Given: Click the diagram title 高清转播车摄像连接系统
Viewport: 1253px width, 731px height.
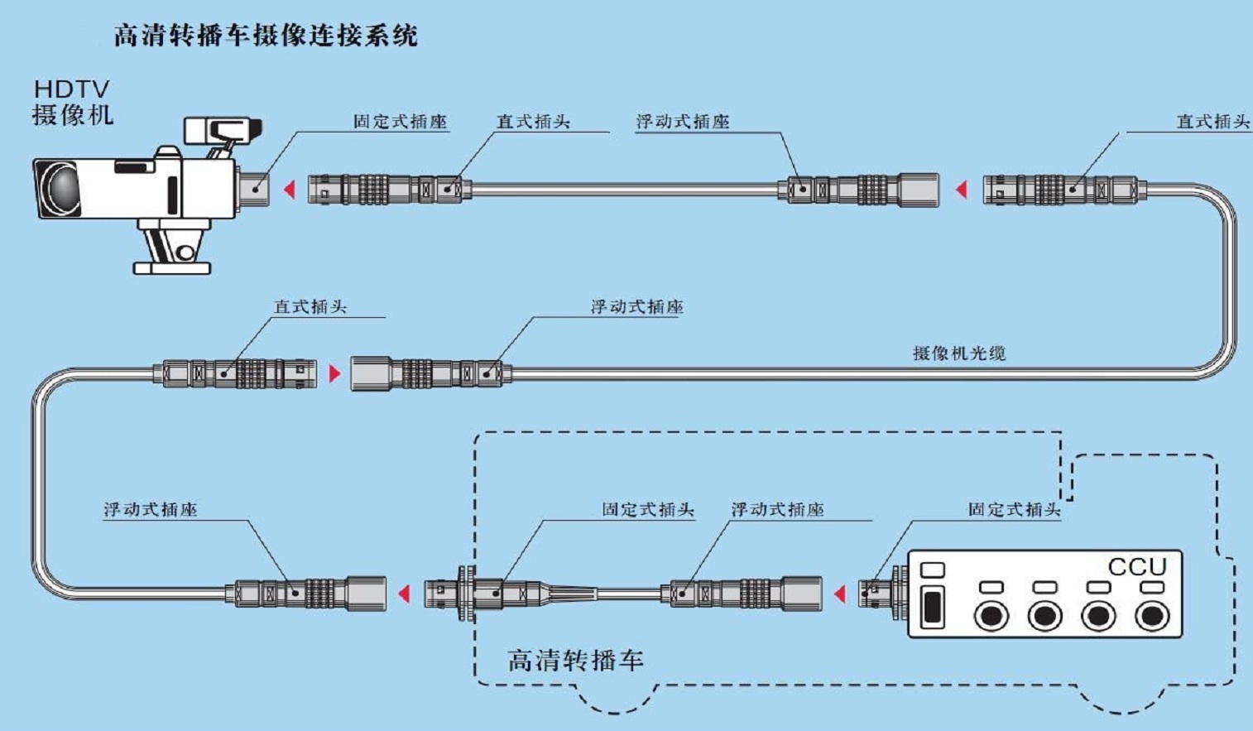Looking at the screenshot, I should pos(265,36).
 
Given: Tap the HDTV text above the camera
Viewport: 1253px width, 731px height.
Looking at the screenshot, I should pos(71,89).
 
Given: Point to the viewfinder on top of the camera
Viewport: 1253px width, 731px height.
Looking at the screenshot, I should pos(222,130).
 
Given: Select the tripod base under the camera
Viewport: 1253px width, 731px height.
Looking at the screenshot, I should pos(172,267).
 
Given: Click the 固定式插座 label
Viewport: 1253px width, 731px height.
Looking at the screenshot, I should pos(400,122).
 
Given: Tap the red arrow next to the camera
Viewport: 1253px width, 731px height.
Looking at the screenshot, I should pos(290,190).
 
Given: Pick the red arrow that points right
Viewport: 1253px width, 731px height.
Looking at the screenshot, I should pos(334,373).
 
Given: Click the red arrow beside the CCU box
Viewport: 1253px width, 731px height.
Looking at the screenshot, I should pos(840,594).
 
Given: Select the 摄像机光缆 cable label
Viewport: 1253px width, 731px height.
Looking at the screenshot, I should pos(958,353).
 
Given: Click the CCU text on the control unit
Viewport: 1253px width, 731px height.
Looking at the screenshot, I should pos(1136,567).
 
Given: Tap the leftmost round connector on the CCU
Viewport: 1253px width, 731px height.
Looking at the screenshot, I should pos(991,617).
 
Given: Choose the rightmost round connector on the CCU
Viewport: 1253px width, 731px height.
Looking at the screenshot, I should pos(1151,617).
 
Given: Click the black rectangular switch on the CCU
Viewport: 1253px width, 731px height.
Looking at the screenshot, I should pos(932,607).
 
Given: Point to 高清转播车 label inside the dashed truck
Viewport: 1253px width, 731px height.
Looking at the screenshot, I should pos(574,661).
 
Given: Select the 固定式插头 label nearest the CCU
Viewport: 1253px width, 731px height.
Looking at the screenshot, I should pos(1014,510).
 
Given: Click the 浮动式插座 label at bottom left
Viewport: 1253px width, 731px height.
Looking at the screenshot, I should pos(151,510).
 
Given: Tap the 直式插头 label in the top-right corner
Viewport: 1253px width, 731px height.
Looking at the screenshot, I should pos(1212,122).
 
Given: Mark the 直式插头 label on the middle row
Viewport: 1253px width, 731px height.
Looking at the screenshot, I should pos(310,307).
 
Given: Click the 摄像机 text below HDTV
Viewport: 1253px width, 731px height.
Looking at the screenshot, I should pos(72,114).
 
